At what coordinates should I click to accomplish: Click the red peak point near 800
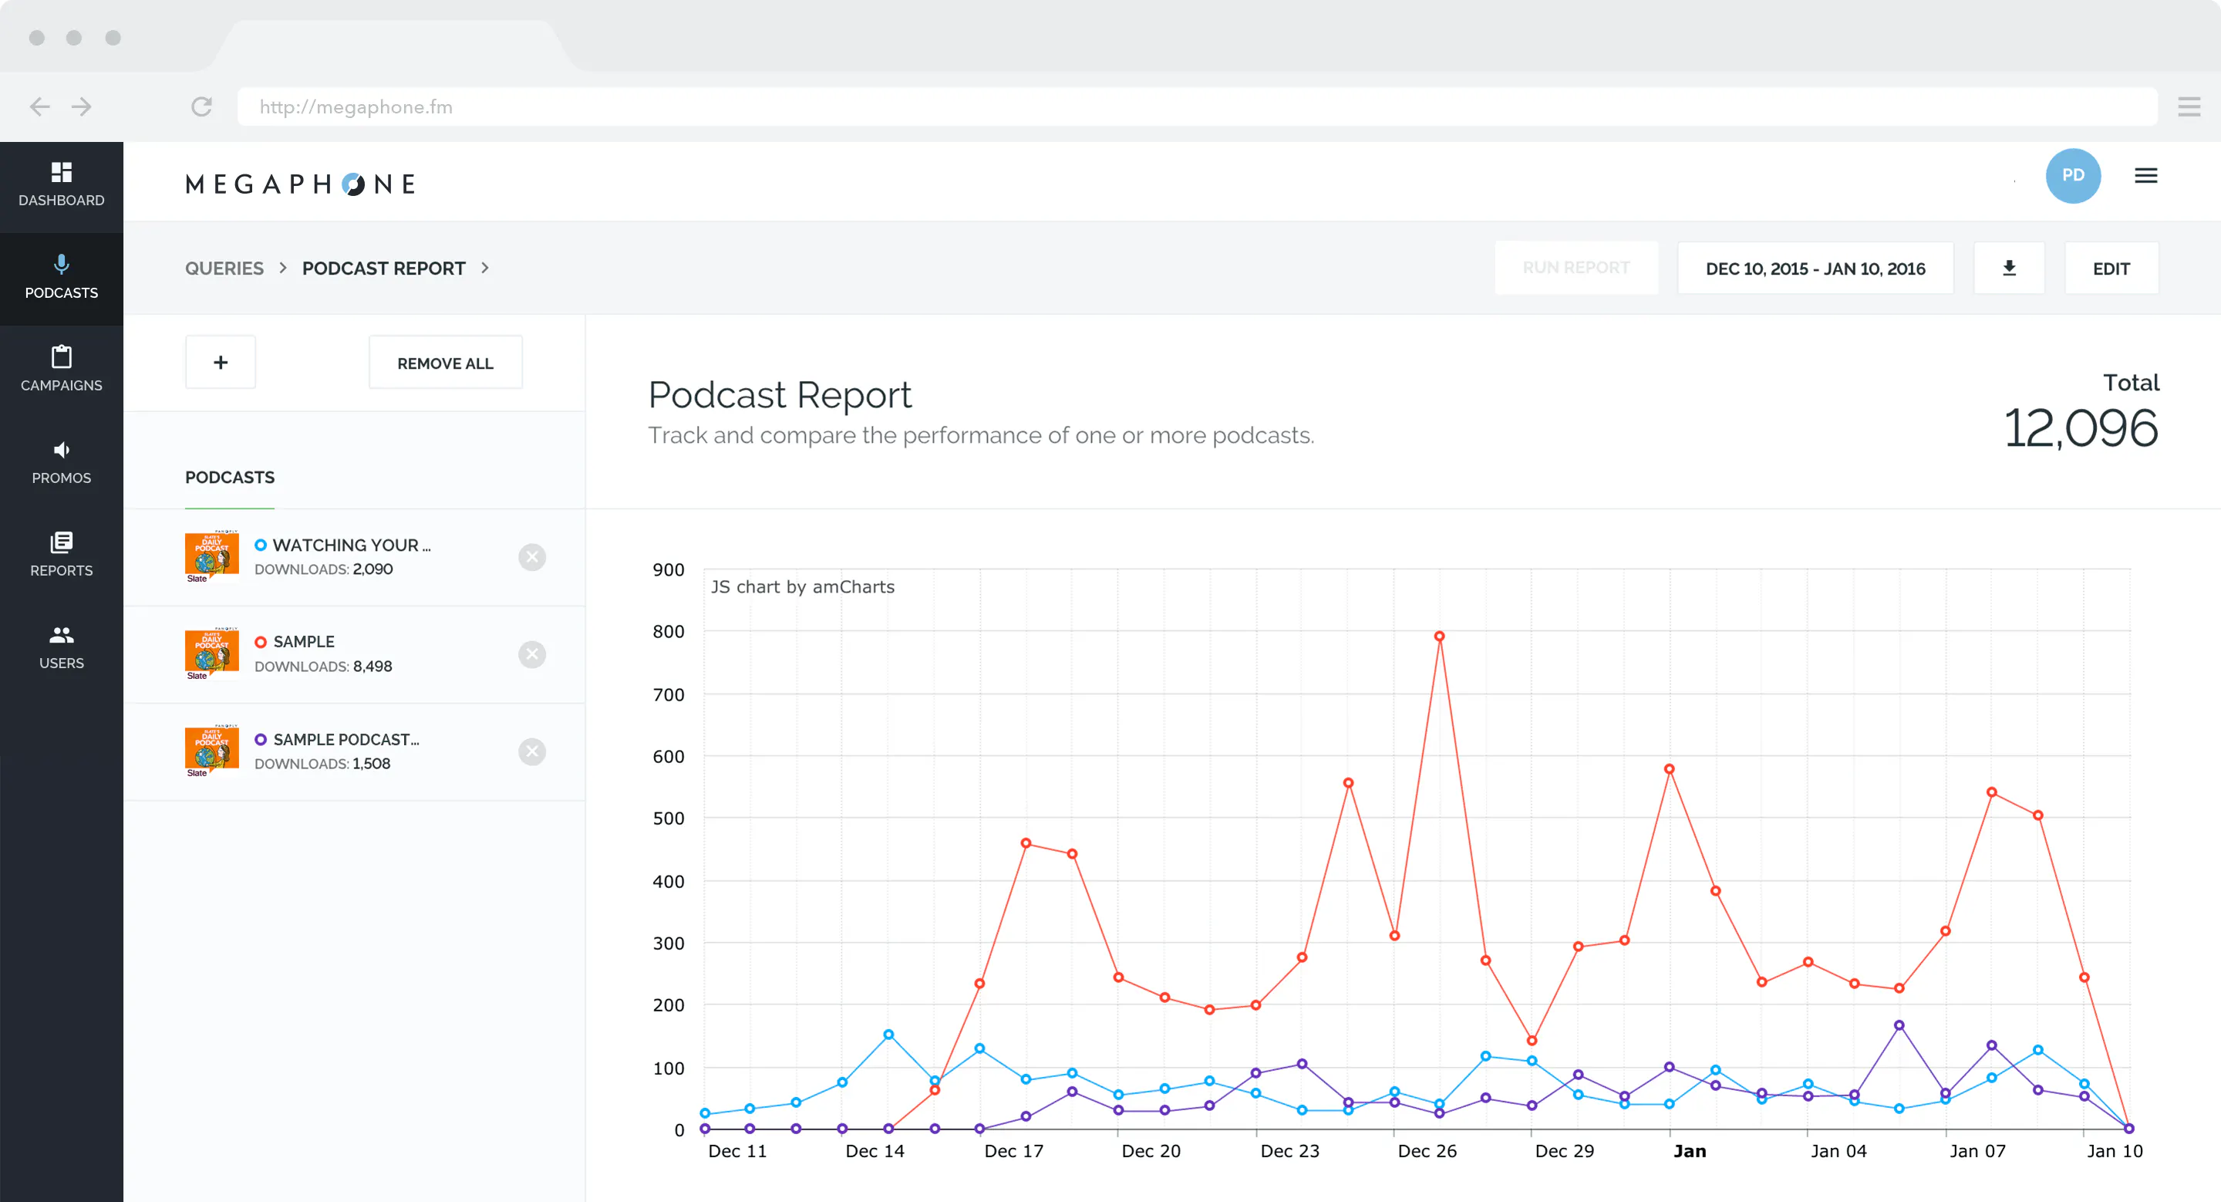1439,636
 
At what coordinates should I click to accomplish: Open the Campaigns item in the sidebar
61,369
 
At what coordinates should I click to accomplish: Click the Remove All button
445,363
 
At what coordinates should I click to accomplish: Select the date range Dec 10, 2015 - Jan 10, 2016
1815,268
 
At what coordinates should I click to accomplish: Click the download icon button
2009,268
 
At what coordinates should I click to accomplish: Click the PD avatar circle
2073,175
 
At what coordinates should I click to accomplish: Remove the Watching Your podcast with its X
532,557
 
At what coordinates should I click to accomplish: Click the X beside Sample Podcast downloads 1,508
532,752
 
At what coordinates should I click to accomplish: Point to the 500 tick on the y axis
668,819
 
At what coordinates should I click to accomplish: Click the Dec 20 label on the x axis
1151,1151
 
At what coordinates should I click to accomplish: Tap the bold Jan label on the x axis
1689,1151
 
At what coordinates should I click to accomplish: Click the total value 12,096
2081,427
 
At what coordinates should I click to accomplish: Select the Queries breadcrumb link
224,268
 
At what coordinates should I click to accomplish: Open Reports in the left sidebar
61,555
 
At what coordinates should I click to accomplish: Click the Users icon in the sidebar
61,635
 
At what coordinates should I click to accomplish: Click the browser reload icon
202,107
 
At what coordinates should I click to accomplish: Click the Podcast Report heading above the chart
780,395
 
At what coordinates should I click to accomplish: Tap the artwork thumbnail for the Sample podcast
212,653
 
